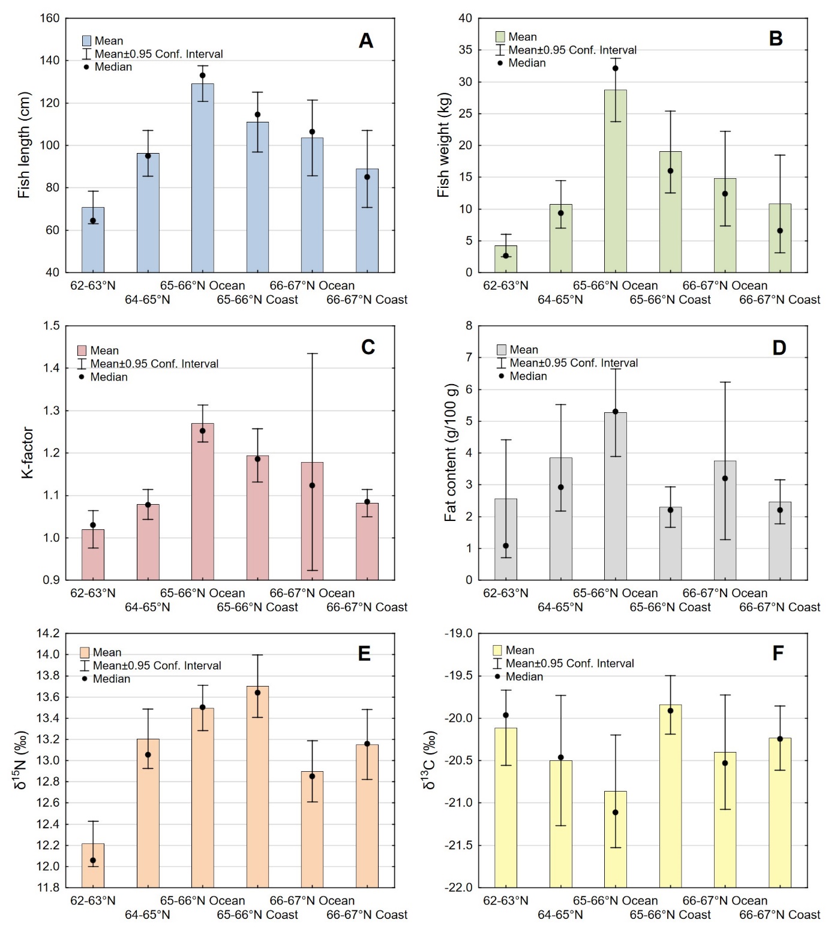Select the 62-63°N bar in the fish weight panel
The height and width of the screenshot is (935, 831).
506,259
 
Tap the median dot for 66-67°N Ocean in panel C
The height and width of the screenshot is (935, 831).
312,486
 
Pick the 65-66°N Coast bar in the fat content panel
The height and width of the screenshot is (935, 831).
670,543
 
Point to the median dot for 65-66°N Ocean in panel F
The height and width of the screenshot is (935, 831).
615,813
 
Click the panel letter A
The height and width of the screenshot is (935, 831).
365,41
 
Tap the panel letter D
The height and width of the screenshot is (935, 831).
779,348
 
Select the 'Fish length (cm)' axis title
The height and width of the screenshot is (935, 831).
24,145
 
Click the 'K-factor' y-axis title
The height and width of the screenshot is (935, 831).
28,452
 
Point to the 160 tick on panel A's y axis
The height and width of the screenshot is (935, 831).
50,19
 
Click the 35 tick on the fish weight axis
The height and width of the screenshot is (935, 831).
466,50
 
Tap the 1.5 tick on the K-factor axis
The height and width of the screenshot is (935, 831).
52,326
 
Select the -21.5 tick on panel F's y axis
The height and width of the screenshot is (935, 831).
458,845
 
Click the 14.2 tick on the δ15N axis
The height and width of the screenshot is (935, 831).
48,633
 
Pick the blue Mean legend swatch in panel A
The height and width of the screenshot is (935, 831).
86,41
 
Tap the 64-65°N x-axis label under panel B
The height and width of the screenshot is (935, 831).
560,299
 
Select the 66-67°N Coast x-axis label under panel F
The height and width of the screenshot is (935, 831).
779,915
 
